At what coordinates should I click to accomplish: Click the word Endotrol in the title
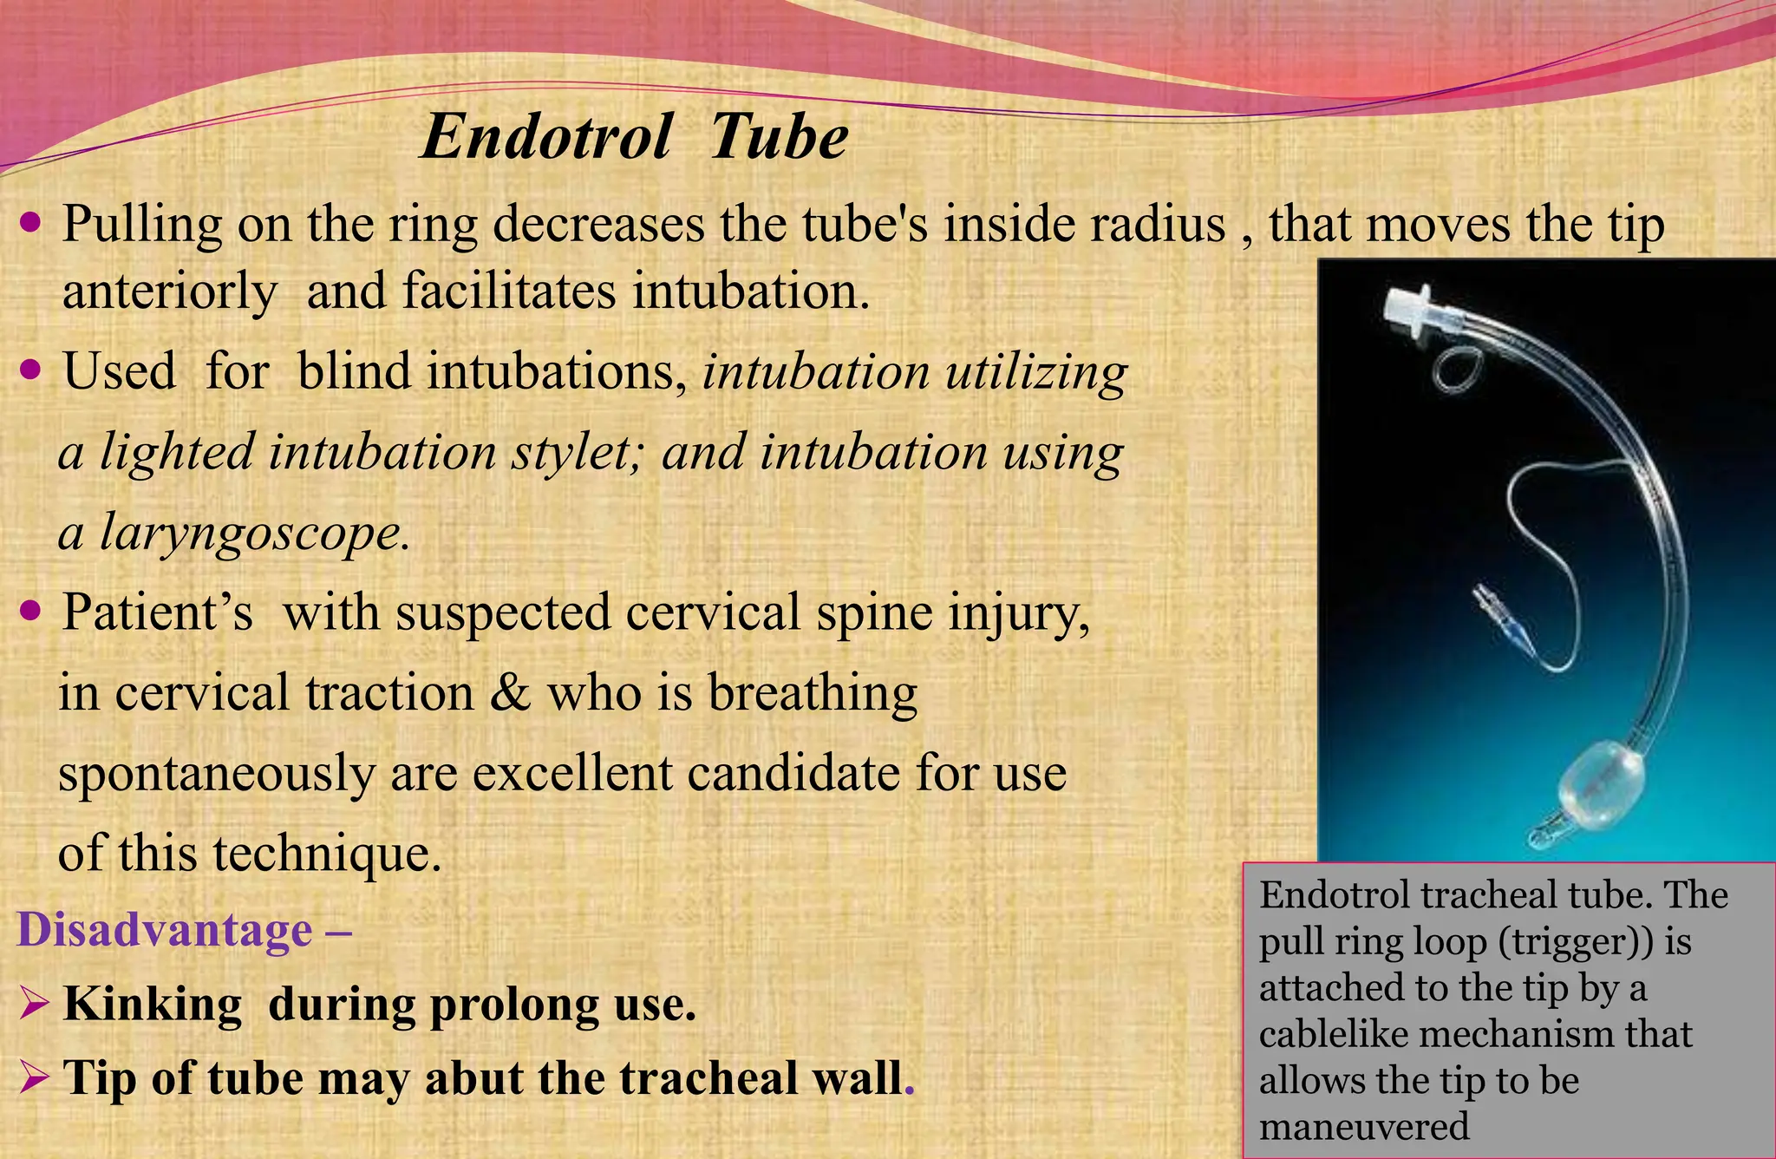coord(545,137)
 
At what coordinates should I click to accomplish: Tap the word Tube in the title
coord(778,137)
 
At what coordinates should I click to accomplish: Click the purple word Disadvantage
coord(165,930)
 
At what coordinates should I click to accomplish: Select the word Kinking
coord(153,1005)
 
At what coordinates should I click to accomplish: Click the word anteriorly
coord(170,291)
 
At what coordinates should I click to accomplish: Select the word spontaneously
coord(216,772)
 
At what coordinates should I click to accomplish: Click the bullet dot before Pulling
coord(30,224)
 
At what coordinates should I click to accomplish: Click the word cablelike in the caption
coord(1345,1034)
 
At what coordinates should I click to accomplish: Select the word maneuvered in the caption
coord(1364,1127)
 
